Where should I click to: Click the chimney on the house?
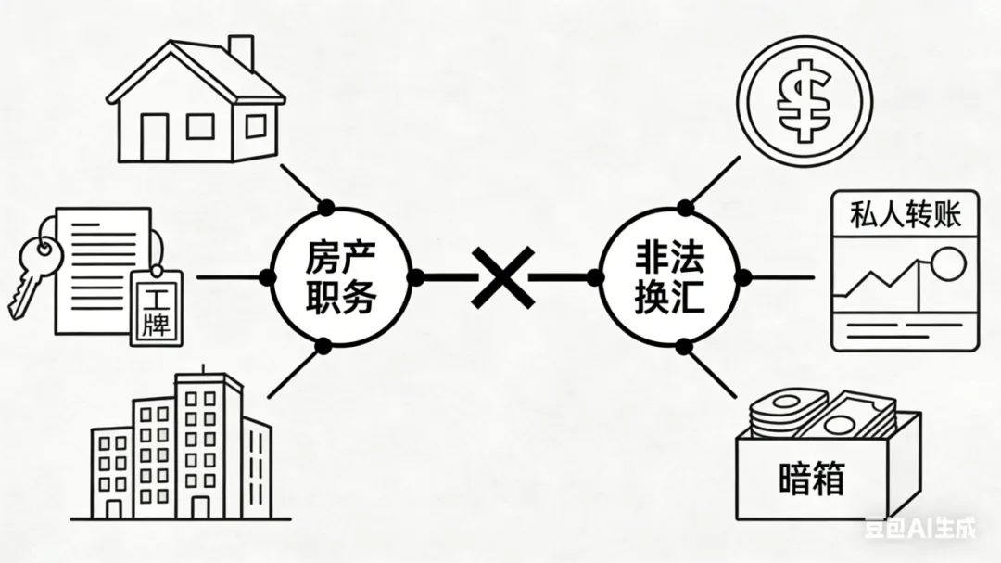pyautogui.click(x=240, y=53)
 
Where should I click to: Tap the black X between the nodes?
pyautogui.click(x=502, y=276)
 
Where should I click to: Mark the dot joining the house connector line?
pyautogui.click(x=325, y=205)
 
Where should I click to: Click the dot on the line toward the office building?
pyautogui.click(x=323, y=346)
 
